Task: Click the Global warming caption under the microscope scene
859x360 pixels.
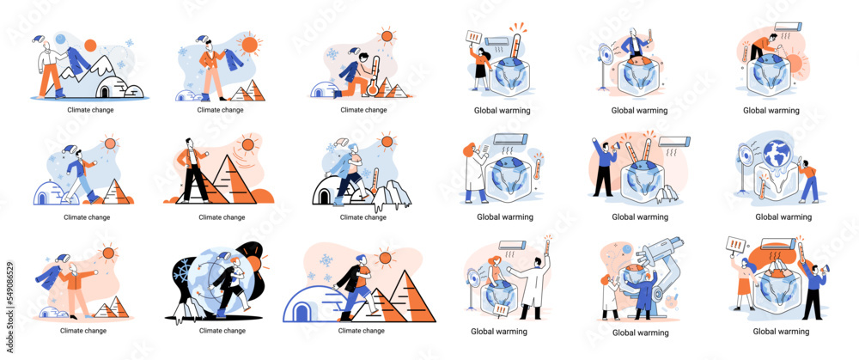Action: tap(639, 332)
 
